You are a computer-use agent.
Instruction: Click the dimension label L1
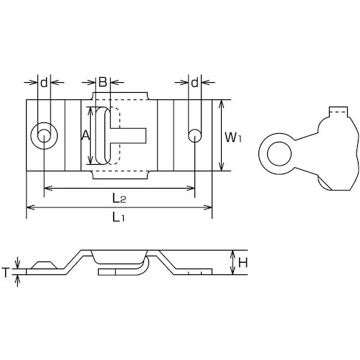pyautogui.click(x=119, y=217)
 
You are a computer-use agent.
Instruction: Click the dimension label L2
pyautogui.click(x=120, y=198)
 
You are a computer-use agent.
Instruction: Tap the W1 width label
pyautogui.click(x=233, y=138)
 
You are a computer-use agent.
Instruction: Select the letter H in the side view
pyautogui.click(x=243, y=263)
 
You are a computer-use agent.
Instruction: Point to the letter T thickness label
pyautogui.click(x=5, y=272)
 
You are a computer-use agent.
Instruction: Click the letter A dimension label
pyautogui.click(x=86, y=135)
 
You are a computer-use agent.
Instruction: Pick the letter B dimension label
pyautogui.click(x=103, y=82)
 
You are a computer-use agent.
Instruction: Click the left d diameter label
pyautogui.click(x=44, y=83)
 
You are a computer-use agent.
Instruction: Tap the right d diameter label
pyautogui.click(x=195, y=83)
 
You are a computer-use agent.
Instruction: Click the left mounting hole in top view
pyautogui.click(x=44, y=136)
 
